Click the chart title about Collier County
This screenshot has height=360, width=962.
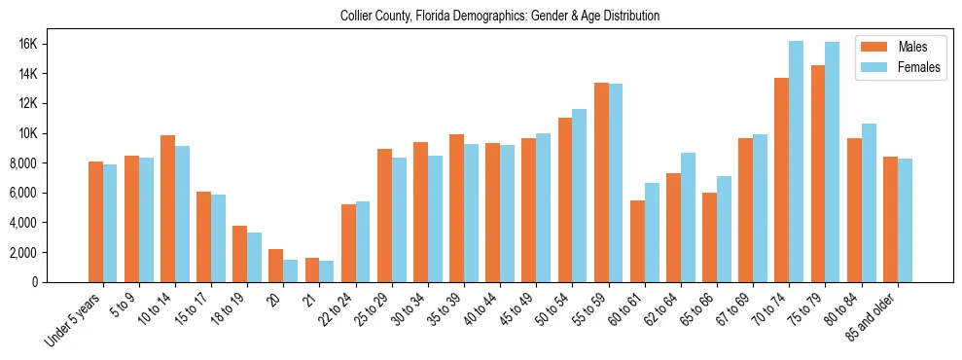[x=500, y=17]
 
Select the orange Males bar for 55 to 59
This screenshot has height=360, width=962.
[x=602, y=183]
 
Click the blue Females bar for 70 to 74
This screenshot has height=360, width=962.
[x=796, y=162]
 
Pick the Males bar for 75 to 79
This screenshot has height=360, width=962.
[x=818, y=174]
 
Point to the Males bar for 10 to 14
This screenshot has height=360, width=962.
[x=168, y=209]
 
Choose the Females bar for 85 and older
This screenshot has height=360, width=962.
[x=905, y=220]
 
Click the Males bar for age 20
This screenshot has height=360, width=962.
[x=276, y=266]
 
